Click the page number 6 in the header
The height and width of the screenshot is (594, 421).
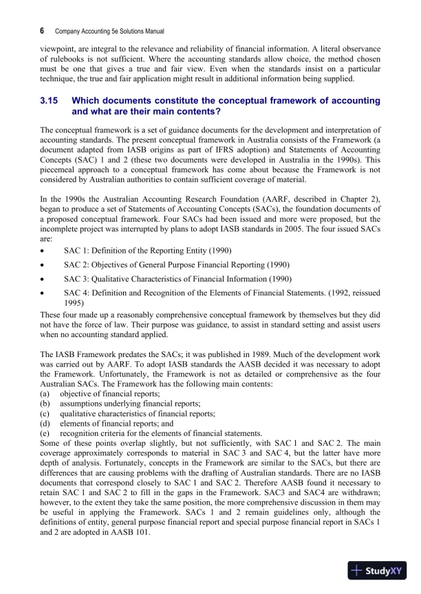pyautogui.click(x=43, y=31)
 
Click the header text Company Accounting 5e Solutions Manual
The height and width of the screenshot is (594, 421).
pyautogui.click(x=109, y=32)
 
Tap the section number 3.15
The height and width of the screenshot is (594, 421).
pyautogui.click(x=51, y=101)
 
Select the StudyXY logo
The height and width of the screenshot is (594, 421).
pyautogui.click(x=376, y=570)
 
